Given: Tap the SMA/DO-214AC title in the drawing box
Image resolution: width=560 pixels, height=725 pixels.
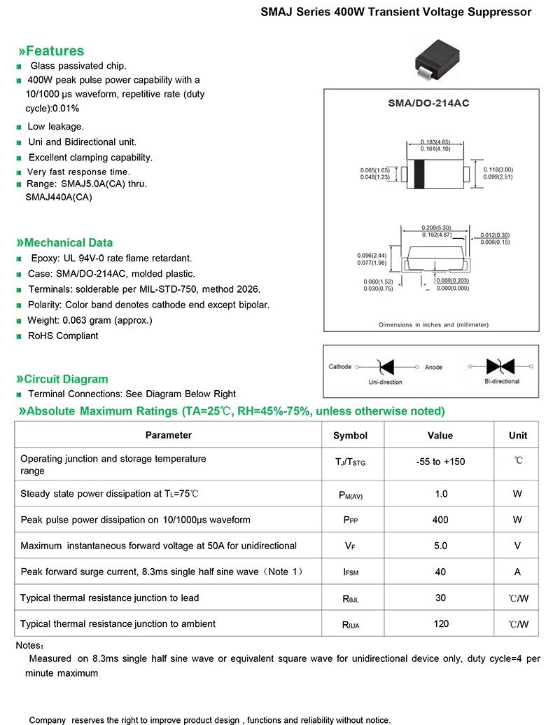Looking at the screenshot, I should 428,103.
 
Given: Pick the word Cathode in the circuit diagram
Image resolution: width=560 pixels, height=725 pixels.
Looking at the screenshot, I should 340,367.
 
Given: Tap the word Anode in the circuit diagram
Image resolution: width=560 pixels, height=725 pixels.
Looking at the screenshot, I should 433,367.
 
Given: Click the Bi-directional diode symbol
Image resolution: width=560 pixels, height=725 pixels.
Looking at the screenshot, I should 501,366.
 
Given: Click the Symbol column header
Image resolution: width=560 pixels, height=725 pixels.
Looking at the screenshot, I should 350,436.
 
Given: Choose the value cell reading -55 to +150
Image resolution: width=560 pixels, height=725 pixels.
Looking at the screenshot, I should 440,462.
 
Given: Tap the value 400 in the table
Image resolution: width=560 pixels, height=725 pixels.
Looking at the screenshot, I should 440,520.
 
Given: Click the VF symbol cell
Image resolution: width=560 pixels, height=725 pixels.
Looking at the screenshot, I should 350,546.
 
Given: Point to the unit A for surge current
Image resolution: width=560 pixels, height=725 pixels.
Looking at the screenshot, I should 517,572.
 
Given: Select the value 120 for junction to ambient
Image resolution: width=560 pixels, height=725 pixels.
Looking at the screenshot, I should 440,623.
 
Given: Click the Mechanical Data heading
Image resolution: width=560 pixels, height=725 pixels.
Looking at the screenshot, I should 69,243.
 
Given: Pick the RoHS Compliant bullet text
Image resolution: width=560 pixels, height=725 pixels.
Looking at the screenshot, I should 63,336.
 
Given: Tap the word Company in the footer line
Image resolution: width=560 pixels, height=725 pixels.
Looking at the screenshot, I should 47,720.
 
